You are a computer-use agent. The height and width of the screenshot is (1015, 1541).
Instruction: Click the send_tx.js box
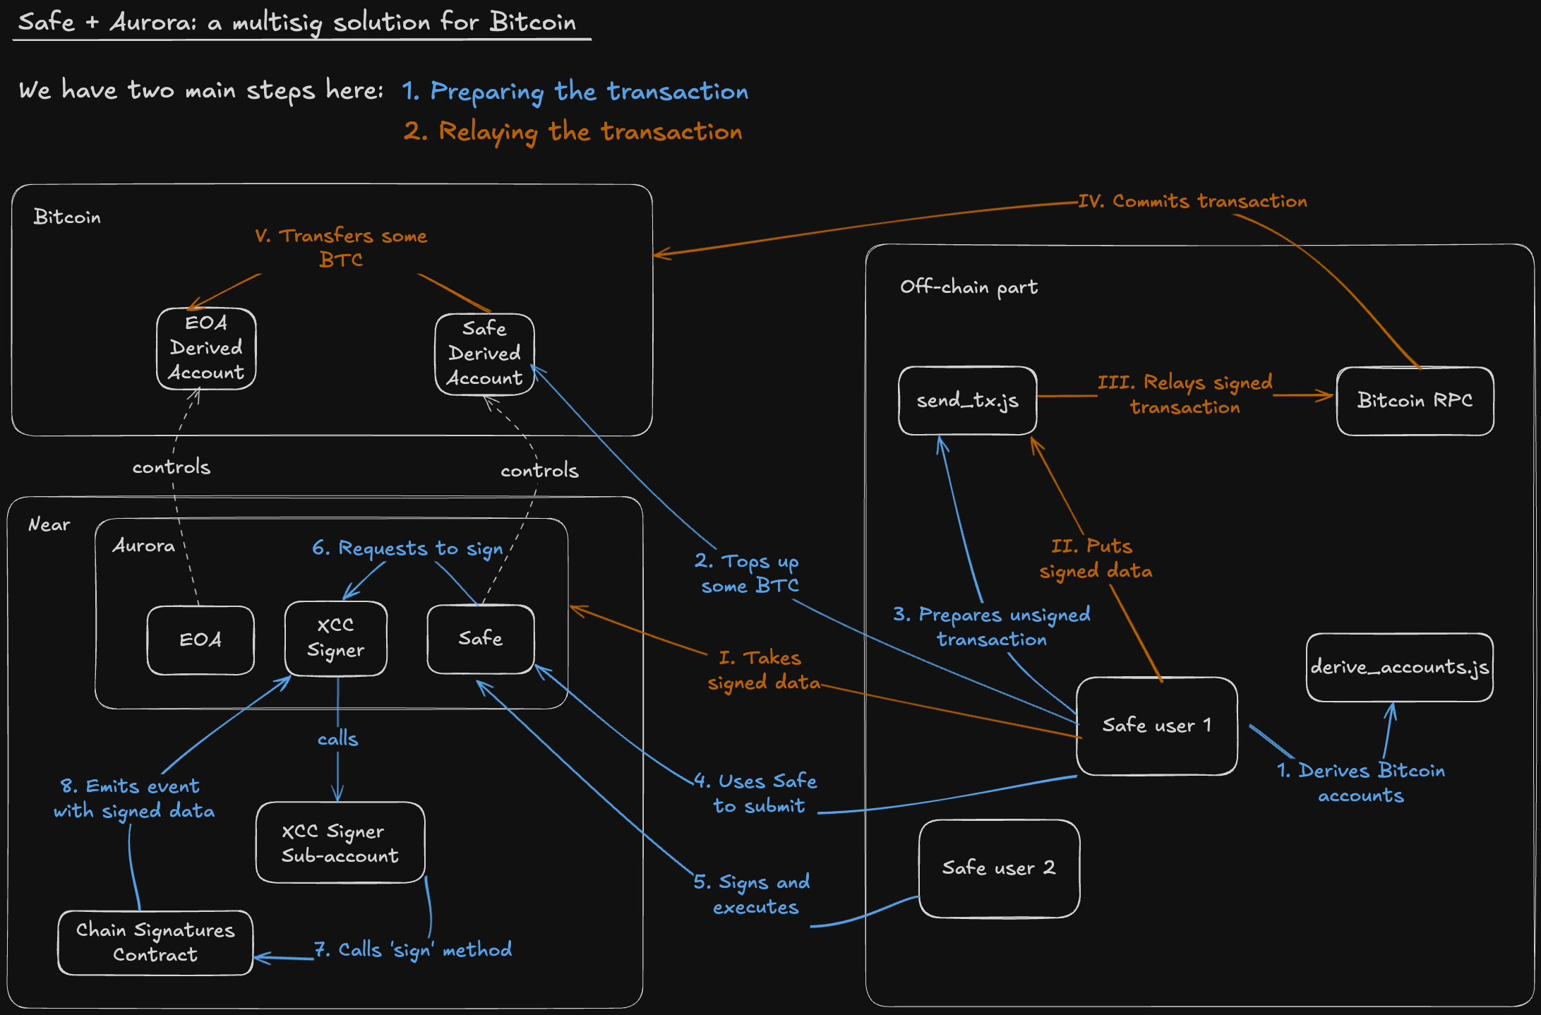967,400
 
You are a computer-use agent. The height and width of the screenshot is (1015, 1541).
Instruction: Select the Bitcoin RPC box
1415,400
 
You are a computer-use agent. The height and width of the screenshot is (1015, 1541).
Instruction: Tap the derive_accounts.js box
1399,667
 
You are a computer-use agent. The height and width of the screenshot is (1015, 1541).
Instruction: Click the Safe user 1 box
1156,726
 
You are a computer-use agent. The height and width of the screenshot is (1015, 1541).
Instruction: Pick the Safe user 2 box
999,868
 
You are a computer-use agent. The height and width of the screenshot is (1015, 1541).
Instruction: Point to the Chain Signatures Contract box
155,942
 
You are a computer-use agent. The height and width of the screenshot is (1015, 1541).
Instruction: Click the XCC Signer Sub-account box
340,843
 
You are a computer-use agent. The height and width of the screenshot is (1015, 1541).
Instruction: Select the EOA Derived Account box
206,348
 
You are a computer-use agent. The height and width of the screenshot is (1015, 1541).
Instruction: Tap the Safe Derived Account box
484,354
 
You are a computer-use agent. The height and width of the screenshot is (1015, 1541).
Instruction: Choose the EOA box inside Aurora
200,640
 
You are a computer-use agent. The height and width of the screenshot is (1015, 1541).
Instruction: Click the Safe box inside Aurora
481,639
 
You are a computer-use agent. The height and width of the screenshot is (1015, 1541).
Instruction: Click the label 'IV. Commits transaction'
1192,201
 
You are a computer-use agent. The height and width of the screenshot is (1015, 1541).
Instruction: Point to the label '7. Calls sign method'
414,950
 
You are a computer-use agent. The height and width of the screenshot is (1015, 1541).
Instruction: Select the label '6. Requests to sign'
408,548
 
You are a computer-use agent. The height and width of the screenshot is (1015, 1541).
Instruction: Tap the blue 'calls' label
337,739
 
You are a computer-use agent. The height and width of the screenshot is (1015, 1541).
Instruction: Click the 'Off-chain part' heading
969,287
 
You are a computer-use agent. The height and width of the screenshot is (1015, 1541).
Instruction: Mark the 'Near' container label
49,524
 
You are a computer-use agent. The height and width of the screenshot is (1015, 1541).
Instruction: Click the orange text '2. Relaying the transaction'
572,132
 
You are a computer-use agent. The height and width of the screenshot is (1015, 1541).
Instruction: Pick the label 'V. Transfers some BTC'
341,247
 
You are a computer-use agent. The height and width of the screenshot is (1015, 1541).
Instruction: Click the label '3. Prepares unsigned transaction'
992,627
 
